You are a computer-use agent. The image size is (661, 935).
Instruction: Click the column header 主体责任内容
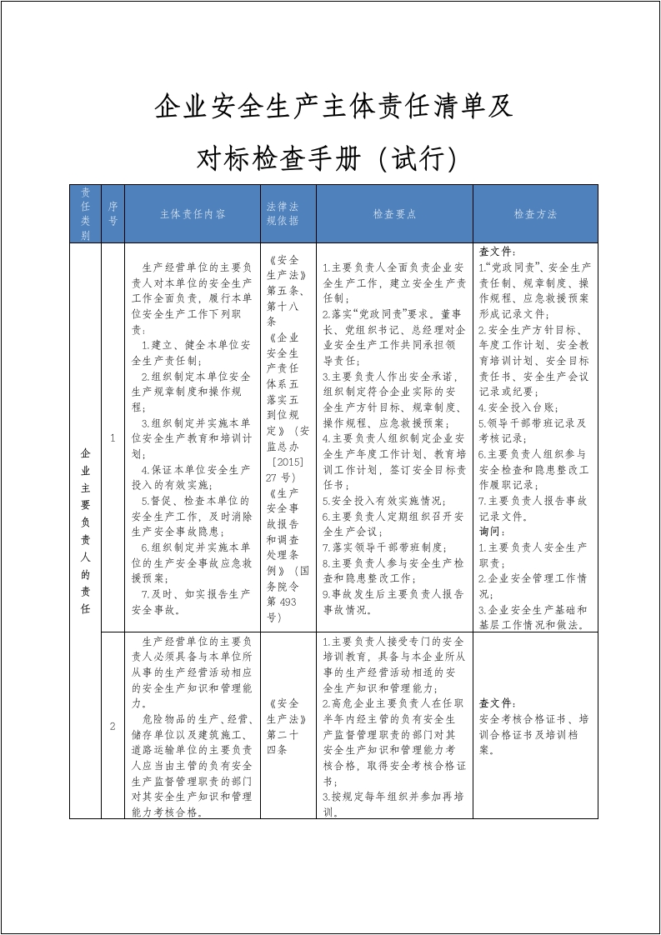pos(193,214)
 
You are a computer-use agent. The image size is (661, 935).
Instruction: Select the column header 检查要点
pos(394,214)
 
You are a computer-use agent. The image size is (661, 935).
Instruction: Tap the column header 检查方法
pos(535,214)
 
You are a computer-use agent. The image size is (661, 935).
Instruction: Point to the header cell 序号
pos(113,214)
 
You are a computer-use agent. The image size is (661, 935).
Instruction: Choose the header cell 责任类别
pos(85,214)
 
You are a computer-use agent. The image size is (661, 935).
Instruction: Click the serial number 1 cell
pos(113,437)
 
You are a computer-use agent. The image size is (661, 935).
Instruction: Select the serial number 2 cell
pos(113,726)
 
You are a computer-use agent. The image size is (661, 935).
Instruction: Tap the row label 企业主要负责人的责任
pos(85,530)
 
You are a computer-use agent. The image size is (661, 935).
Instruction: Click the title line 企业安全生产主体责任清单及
pos(333,107)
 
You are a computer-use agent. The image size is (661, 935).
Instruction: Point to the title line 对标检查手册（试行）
pos(328,157)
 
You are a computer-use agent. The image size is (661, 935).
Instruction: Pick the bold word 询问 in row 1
pos(493,531)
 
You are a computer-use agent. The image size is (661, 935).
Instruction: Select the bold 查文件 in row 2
pos(498,702)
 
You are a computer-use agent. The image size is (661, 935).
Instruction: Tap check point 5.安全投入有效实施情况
pos(383,501)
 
